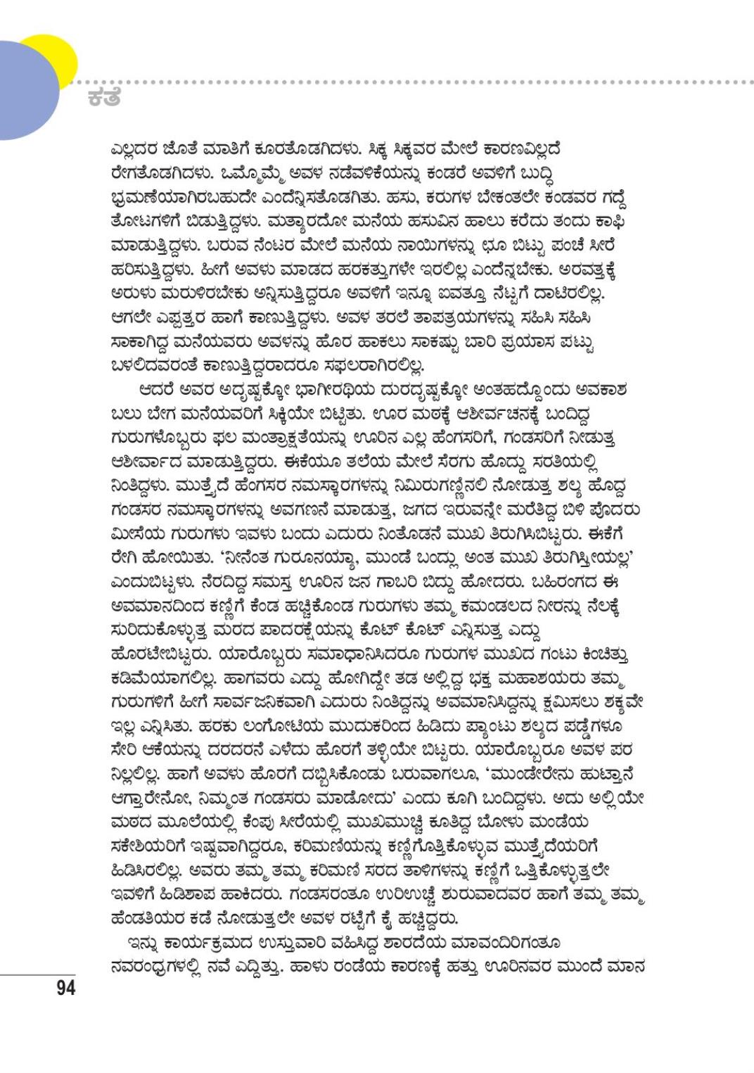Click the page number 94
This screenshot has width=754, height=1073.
65,988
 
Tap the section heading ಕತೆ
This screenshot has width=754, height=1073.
104,98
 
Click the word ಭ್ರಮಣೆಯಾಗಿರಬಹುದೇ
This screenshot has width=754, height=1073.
182,198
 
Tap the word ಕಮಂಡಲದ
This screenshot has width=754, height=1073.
478,606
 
